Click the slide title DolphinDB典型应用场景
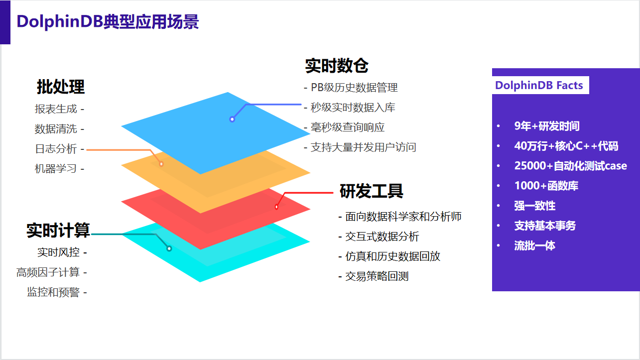tap(108, 22)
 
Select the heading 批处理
tap(61, 87)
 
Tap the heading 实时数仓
tap(337, 66)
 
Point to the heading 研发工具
tap(371, 191)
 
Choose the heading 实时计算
tap(58, 231)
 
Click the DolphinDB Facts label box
tap(539, 85)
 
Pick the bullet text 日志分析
tap(56, 149)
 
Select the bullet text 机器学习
tap(56, 169)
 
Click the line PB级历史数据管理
tap(354, 88)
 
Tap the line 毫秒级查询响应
tap(348, 127)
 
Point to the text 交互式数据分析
tap(382, 237)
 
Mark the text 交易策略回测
tap(377, 276)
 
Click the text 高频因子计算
tap(48, 272)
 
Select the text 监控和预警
tap(53, 292)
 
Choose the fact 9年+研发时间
tap(547, 126)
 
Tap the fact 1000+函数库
tap(546, 186)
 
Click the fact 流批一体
tap(535, 245)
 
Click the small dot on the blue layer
tap(232, 119)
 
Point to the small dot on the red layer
tap(276, 207)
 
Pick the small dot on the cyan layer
tap(169, 248)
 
